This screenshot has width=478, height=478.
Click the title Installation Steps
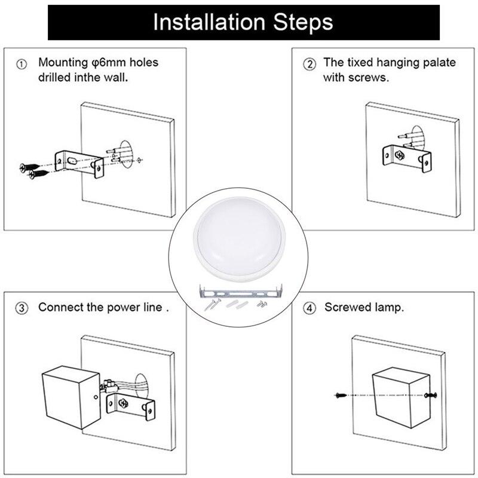[243, 22]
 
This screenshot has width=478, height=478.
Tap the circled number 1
[22, 64]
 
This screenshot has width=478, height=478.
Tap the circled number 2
[310, 64]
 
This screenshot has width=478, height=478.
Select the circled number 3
[22, 308]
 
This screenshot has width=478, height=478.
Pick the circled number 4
[310, 308]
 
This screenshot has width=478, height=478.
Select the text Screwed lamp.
[364, 308]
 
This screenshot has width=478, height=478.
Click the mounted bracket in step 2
[405, 154]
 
